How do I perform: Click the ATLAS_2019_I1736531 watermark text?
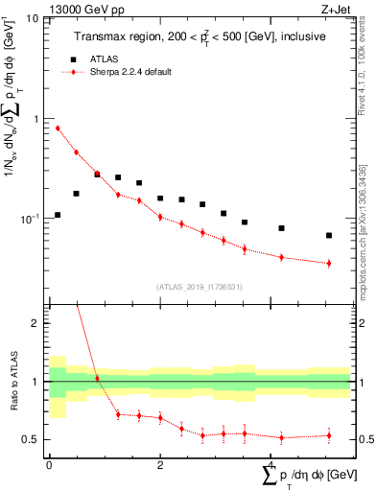(x=199, y=286)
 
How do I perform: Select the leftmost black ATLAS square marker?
(x=58, y=215)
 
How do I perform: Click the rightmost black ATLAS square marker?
(x=329, y=235)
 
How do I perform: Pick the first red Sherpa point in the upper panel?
(x=58, y=128)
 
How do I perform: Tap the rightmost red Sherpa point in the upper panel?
(x=329, y=263)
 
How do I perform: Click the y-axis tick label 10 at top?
(x=35, y=19)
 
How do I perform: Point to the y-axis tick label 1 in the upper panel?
(x=39, y=119)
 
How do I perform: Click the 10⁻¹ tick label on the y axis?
(x=33, y=219)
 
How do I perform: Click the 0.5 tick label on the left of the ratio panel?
(x=35, y=440)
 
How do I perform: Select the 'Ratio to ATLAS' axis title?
(x=12, y=382)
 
